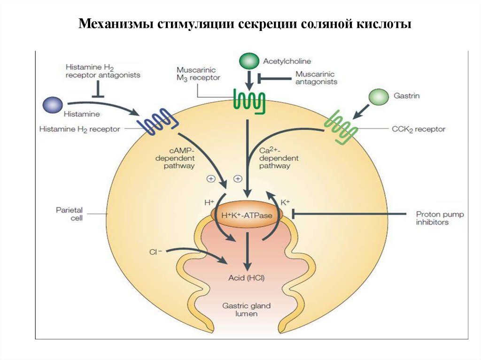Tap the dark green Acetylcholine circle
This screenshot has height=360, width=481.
(249, 61)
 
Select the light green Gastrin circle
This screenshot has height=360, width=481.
(379, 97)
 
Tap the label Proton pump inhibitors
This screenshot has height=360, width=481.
(440, 218)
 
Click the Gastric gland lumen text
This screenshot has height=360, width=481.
(247, 309)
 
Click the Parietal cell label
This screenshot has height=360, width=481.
(70, 214)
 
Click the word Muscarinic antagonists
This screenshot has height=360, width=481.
(316, 77)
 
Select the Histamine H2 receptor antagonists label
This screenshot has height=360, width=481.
(103, 71)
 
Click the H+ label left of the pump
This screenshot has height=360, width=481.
(209, 202)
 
